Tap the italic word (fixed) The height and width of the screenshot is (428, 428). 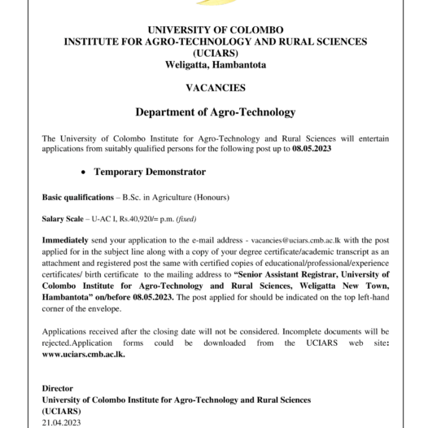pyautogui.click(x=183, y=219)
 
